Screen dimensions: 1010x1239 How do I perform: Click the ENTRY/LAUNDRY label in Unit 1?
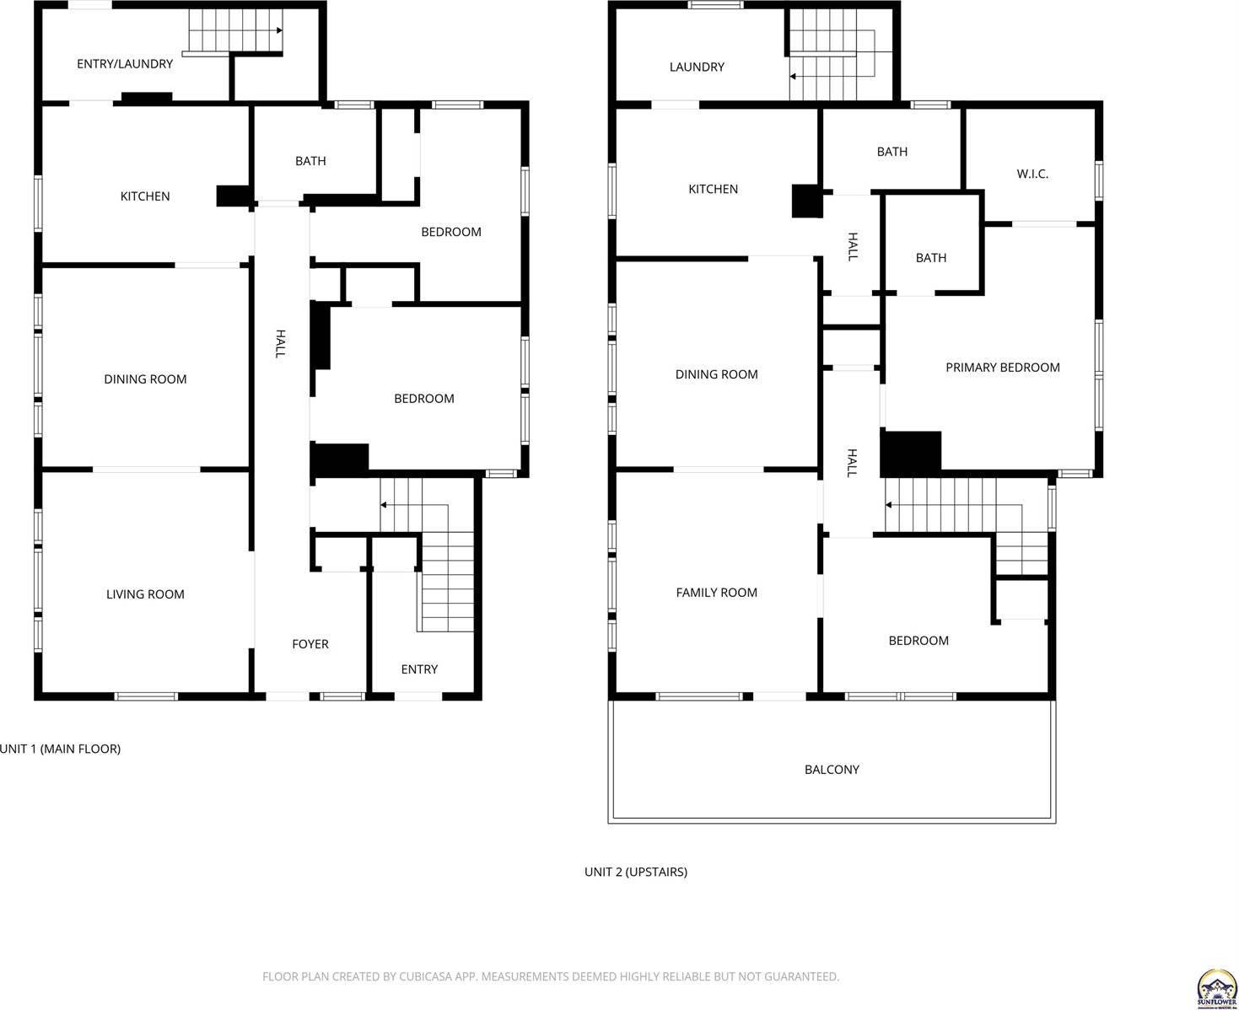point(125,64)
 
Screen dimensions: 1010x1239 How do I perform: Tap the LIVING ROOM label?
point(145,594)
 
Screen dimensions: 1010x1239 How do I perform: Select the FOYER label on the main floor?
point(310,644)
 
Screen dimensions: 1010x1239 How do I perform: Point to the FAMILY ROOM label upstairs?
point(716,593)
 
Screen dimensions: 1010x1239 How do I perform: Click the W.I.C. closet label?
point(1032,174)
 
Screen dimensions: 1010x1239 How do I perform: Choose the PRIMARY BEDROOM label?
point(1002,368)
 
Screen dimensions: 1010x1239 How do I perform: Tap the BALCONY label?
point(832,770)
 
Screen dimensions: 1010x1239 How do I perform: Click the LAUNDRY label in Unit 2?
point(697,67)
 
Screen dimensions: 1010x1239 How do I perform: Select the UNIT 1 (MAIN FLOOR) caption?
point(61,749)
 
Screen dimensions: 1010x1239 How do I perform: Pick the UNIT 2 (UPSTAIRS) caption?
point(635,872)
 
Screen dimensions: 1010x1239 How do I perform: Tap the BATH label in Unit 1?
point(310,161)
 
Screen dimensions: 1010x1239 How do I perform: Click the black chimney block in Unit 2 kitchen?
point(806,201)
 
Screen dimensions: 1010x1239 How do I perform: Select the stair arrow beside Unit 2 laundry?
point(793,77)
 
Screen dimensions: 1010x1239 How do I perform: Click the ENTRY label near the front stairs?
point(419,669)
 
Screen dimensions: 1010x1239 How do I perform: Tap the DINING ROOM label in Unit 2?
point(716,374)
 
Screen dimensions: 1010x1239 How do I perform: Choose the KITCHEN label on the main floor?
point(145,196)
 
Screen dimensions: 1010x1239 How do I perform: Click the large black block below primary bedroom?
point(911,454)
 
